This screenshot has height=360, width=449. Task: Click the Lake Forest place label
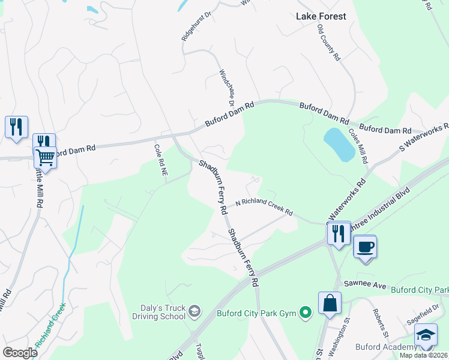pos(321,16)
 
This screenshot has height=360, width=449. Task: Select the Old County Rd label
pos(329,43)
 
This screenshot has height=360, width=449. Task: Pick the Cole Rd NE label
pos(160,158)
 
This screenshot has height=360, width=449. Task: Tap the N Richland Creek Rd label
pos(264,208)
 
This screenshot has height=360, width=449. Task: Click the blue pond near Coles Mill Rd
pos(340,145)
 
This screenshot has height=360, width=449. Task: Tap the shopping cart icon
pos(45,158)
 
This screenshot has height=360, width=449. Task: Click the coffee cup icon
pos(365,246)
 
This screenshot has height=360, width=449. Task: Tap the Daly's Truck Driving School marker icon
pos(194,311)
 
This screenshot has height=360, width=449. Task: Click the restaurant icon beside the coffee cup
pos(339,232)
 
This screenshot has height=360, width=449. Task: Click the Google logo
pos(20,352)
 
